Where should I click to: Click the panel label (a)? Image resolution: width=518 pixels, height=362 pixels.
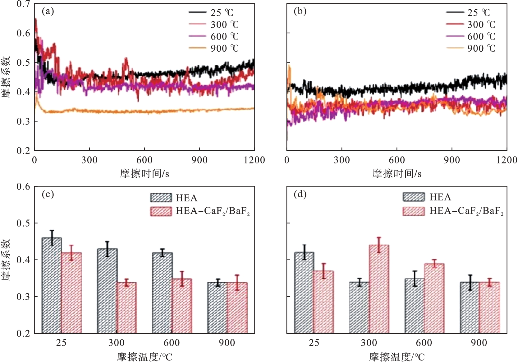click(x=48, y=12)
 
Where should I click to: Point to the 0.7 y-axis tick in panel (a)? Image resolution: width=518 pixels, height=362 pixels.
click(x=23, y=4)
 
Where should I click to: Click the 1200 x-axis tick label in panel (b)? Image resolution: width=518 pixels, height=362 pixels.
click(x=507, y=160)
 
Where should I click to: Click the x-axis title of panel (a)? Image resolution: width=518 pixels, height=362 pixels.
click(x=144, y=173)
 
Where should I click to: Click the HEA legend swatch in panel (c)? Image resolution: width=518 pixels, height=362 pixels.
click(x=161, y=198)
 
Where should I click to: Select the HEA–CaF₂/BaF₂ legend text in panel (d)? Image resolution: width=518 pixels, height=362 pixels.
click(x=466, y=211)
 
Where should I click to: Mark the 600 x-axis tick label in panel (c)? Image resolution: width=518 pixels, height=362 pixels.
click(x=172, y=343)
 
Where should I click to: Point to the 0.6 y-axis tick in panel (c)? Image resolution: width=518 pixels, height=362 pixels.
click(x=23, y=187)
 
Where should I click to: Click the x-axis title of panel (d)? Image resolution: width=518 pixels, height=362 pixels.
click(x=397, y=356)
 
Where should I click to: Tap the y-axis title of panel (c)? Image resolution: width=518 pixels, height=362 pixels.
click(x=6, y=260)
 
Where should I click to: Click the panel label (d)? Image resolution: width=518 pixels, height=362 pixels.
click(x=300, y=195)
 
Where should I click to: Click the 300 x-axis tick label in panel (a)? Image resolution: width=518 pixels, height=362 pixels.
click(x=89, y=160)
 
